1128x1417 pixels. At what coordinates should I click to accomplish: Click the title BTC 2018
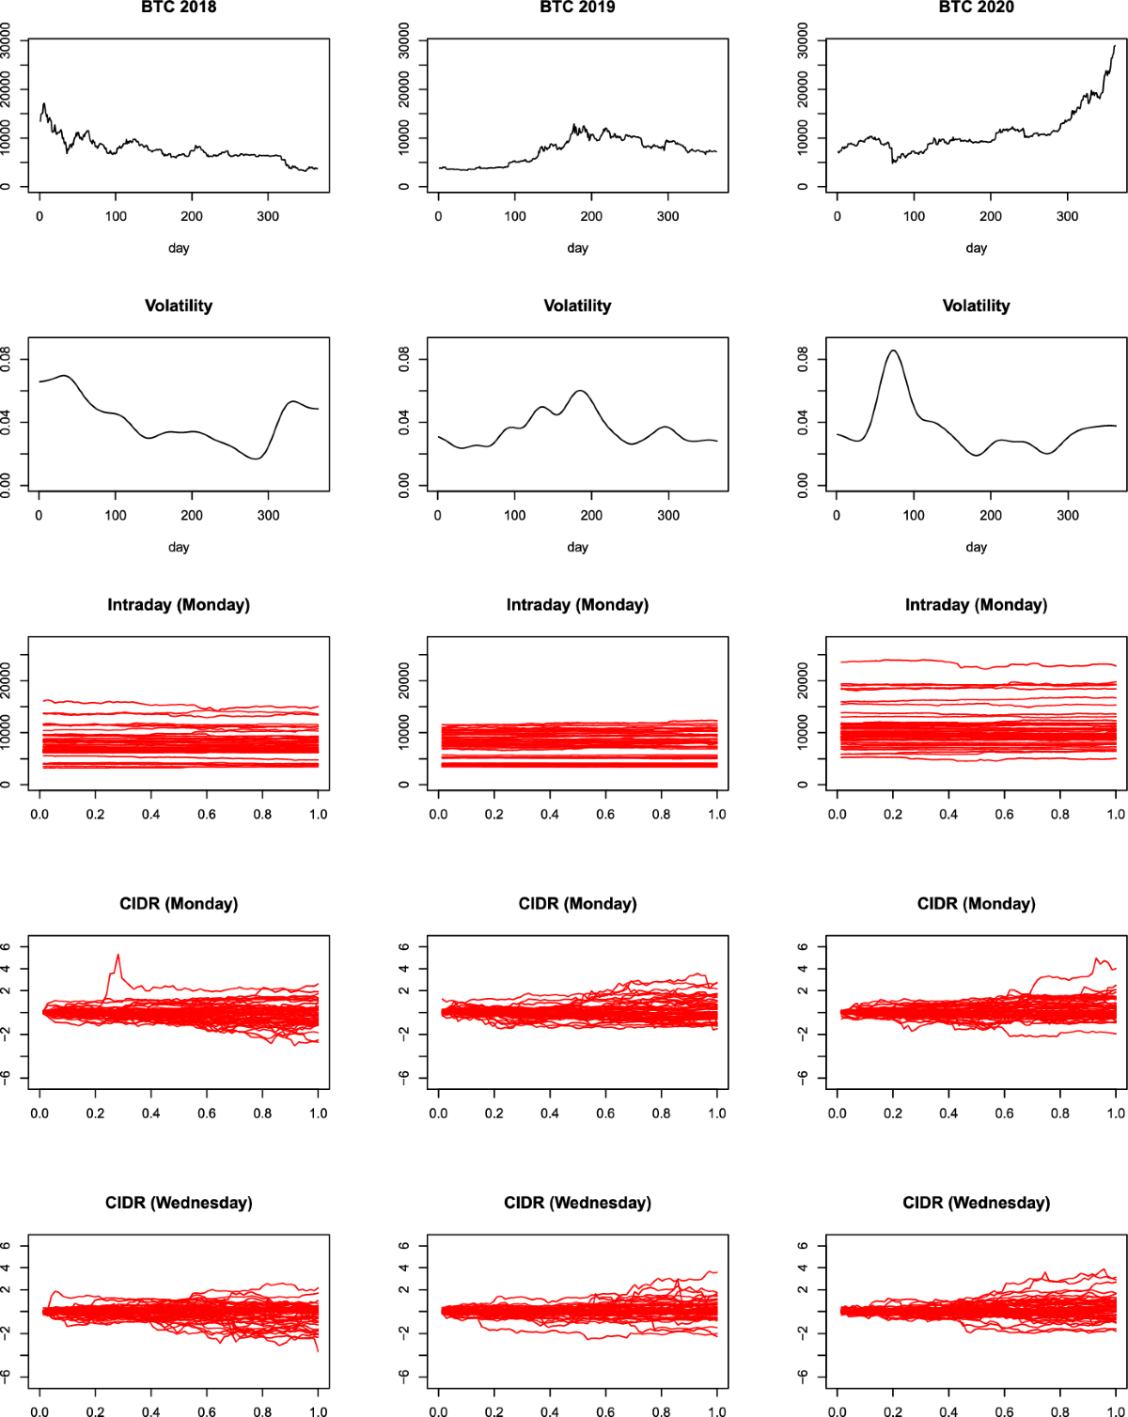pos(178,8)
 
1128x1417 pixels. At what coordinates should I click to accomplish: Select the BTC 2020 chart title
pos(976,8)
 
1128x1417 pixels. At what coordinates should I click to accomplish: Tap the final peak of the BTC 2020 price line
pos(1115,46)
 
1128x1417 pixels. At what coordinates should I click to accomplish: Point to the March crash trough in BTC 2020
pos(893,163)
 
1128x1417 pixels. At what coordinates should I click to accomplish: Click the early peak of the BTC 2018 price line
pos(43,103)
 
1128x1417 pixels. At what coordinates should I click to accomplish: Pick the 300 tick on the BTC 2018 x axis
pos(268,216)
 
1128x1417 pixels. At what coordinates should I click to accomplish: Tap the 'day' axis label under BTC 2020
pos(976,248)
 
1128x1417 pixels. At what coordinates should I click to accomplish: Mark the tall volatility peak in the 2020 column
pos(893,350)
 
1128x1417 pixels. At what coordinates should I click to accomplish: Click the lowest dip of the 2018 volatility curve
pos(258,459)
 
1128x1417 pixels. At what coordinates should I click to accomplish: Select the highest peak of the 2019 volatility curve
pos(580,391)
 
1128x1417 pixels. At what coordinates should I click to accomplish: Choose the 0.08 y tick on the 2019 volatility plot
pos(404,359)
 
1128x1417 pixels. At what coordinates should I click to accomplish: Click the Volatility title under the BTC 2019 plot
pos(577,306)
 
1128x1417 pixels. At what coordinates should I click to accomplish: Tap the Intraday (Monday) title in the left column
pos(178,605)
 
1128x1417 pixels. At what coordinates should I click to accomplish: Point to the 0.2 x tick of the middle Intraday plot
pos(494,814)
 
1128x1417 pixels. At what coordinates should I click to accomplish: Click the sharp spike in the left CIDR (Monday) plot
pos(117,956)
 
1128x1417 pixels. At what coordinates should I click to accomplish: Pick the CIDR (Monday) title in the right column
pos(976,904)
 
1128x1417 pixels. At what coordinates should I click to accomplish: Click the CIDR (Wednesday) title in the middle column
pos(577,1203)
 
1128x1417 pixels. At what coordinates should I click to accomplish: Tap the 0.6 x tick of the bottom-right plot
pos(1004,1411)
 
